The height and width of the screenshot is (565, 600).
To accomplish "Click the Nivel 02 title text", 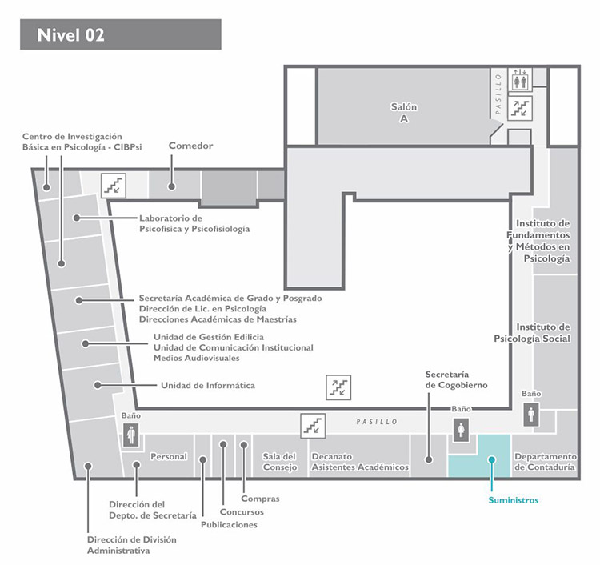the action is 70,35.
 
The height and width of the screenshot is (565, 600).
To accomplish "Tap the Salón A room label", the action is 404,113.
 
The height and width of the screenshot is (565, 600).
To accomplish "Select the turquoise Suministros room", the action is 479,455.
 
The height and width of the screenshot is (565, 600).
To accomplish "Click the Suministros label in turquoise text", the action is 513,500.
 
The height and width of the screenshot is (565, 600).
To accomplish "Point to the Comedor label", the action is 190,146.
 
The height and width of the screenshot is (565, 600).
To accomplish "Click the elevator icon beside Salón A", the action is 519,79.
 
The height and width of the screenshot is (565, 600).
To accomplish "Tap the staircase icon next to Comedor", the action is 114,186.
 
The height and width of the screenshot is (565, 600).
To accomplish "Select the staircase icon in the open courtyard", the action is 338,387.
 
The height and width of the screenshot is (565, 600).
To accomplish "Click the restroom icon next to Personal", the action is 131,435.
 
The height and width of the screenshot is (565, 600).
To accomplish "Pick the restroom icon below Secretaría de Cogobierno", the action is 461,430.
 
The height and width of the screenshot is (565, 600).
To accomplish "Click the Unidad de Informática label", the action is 208,386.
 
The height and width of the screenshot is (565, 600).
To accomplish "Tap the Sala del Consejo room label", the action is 280,462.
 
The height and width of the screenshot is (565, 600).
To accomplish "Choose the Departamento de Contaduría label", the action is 546,462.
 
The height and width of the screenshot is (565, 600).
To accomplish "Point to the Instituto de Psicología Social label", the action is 532,333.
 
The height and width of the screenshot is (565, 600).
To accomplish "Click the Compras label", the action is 260,499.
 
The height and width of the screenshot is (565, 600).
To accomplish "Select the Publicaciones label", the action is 229,525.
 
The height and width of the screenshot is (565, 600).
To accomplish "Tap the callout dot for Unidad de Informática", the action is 98,385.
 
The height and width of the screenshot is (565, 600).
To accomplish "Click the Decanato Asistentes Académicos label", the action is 360,462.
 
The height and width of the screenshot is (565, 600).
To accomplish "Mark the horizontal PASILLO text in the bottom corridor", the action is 377,422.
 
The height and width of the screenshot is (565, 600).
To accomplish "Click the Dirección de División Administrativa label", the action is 132,545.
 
